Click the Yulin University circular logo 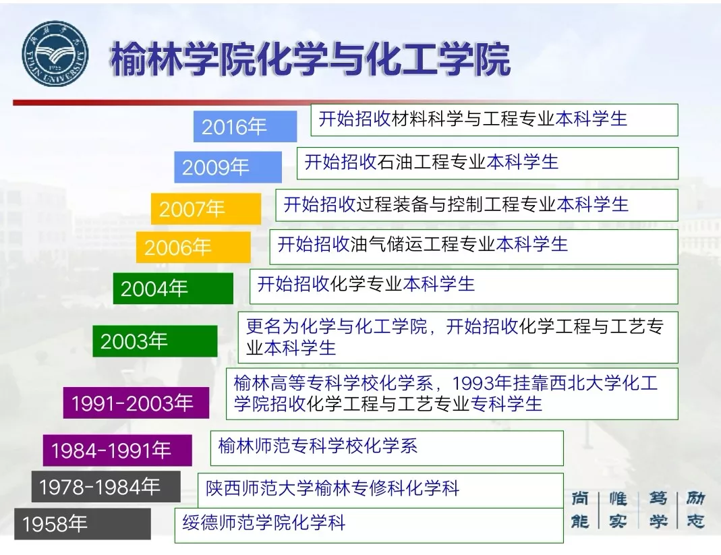[55, 54]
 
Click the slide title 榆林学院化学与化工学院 [310, 59]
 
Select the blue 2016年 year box [245, 126]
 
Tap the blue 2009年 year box [227, 167]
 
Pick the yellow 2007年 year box [206, 209]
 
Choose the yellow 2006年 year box [193, 247]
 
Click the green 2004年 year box [173, 289]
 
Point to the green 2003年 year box [154, 341]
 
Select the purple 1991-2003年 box [136, 403]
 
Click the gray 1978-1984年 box [106, 486]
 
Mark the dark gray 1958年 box [82, 524]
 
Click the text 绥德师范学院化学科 [264, 523]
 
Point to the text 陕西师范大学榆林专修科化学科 [333, 488]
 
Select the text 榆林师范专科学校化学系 [318, 446]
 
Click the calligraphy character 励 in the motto [695, 498]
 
